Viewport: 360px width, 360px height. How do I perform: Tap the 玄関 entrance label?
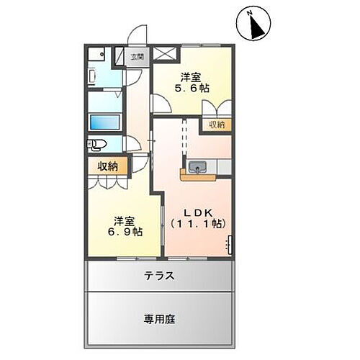[137, 56]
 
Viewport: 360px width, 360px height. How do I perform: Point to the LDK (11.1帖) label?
[197, 217]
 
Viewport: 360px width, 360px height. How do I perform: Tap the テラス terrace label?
[160, 275]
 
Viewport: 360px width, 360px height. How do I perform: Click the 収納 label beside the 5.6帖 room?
[217, 125]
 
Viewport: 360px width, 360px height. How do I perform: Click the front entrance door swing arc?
[139, 36]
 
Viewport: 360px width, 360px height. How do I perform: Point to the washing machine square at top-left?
[99, 55]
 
